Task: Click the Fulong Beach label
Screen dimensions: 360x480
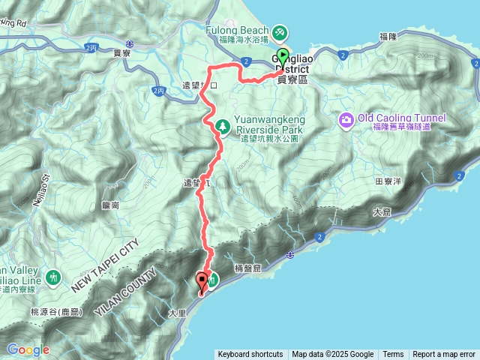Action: (x=237, y=31)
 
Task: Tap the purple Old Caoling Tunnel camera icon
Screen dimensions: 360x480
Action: (x=346, y=118)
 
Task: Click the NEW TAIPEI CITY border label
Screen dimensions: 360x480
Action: (x=106, y=267)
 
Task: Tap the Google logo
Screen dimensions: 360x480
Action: (x=28, y=349)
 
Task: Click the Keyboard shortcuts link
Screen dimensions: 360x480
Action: (x=250, y=355)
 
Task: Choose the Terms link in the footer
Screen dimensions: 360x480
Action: (x=393, y=355)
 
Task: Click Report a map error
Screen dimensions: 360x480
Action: (x=444, y=355)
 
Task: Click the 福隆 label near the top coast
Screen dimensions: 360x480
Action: (x=388, y=36)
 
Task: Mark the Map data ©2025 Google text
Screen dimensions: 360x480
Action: (x=333, y=355)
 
